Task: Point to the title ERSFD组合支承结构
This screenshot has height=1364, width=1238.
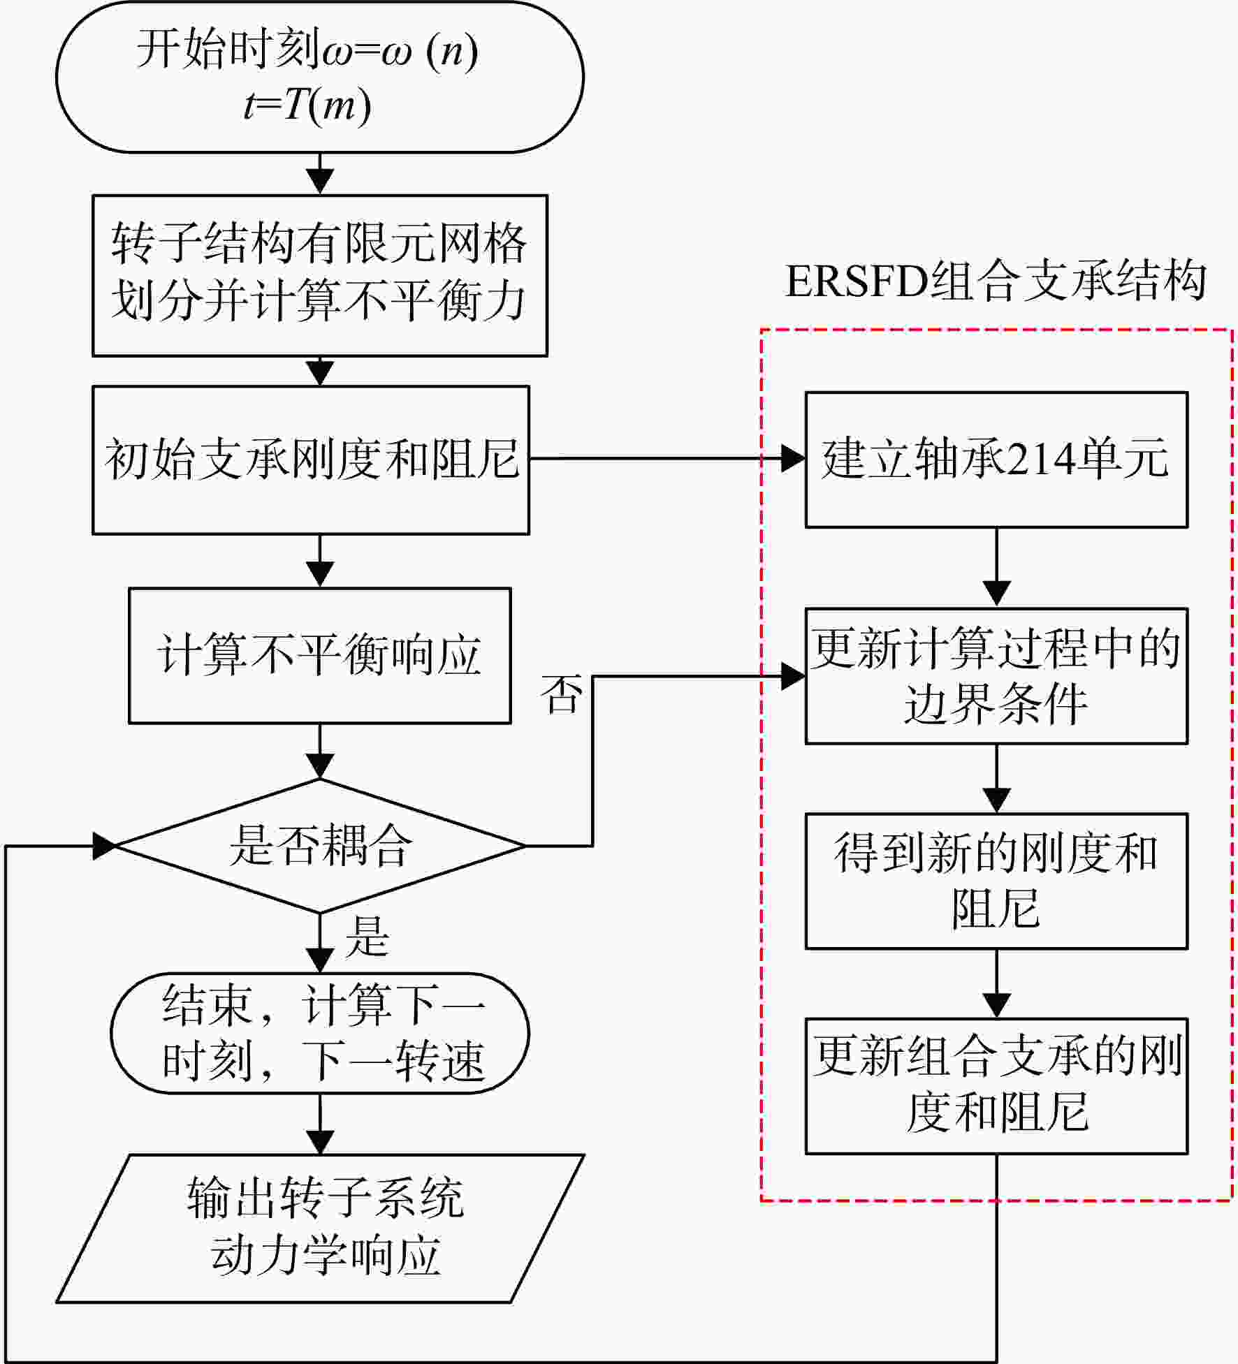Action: pos(996,281)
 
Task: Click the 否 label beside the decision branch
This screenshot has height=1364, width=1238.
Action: pos(561,695)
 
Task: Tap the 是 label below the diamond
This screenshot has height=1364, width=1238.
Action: pos(367,936)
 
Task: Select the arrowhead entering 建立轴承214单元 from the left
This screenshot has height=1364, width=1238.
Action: pos(793,459)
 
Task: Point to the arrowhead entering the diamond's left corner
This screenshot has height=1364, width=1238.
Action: pos(104,846)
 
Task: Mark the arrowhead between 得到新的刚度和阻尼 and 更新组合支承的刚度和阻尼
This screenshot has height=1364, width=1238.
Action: pos(996,1006)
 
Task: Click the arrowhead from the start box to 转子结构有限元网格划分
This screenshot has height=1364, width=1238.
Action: pos(320,182)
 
